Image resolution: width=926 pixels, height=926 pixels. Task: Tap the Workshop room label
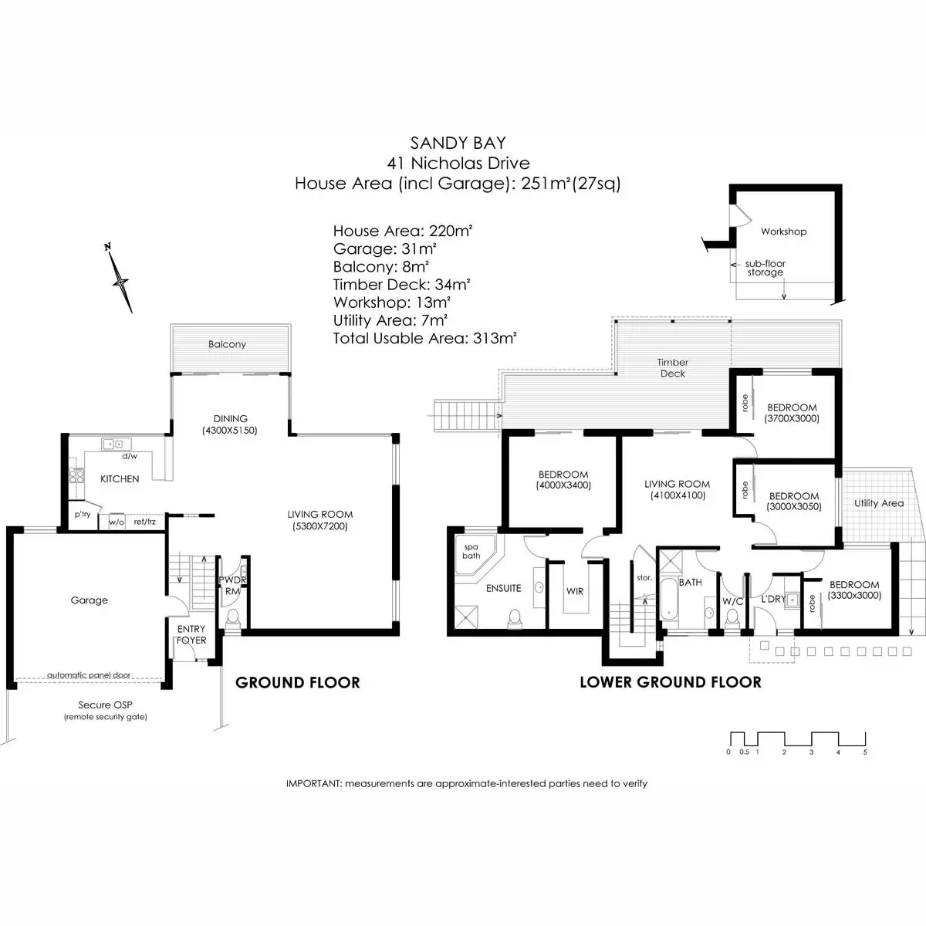point(783,231)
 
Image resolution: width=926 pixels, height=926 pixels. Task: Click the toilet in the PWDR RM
point(233,618)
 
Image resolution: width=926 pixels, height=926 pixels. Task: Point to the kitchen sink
point(116,444)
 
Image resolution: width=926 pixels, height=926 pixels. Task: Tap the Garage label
point(89,600)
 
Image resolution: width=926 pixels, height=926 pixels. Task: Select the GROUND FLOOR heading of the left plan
point(297,683)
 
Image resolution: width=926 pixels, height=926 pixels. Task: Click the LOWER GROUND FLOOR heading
point(671,682)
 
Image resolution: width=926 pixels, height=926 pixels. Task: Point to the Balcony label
point(227,344)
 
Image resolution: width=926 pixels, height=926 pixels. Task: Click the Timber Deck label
point(673,367)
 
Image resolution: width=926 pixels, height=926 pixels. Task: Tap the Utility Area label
point(879,503)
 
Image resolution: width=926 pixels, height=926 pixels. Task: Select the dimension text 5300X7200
point(320,526)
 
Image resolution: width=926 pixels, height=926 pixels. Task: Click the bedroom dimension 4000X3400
point(563,485)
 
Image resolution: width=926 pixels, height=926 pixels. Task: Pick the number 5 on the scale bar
point(865,752)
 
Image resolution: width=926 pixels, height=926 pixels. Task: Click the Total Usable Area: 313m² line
point(424,338)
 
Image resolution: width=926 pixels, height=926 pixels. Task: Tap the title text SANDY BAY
point(458,143)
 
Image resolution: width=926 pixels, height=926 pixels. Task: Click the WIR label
point(575,591)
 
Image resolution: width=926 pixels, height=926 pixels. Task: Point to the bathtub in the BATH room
point(668,599)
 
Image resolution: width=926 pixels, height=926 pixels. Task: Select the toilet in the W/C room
point(732,617)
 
